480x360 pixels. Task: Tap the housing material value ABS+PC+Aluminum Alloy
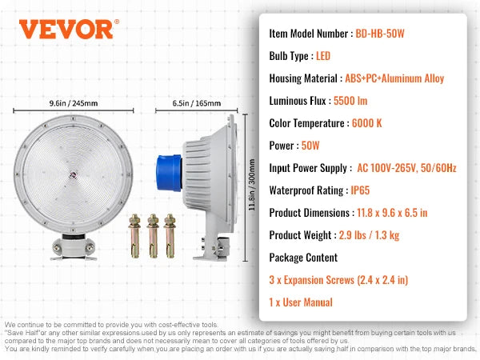(394, 78)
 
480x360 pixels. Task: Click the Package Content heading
(303, 258)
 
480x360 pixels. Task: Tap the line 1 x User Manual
(310, 303)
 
